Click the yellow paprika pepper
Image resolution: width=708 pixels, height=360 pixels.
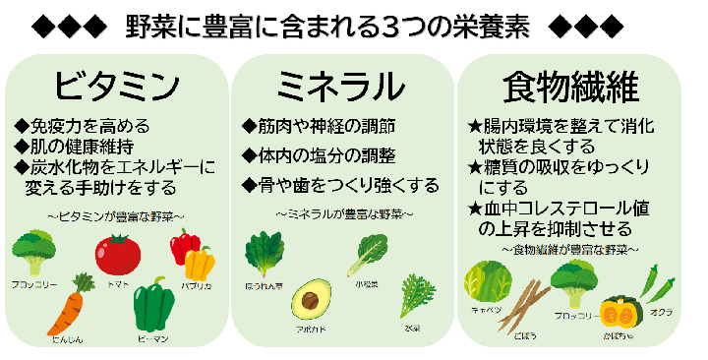tap(200, 264)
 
